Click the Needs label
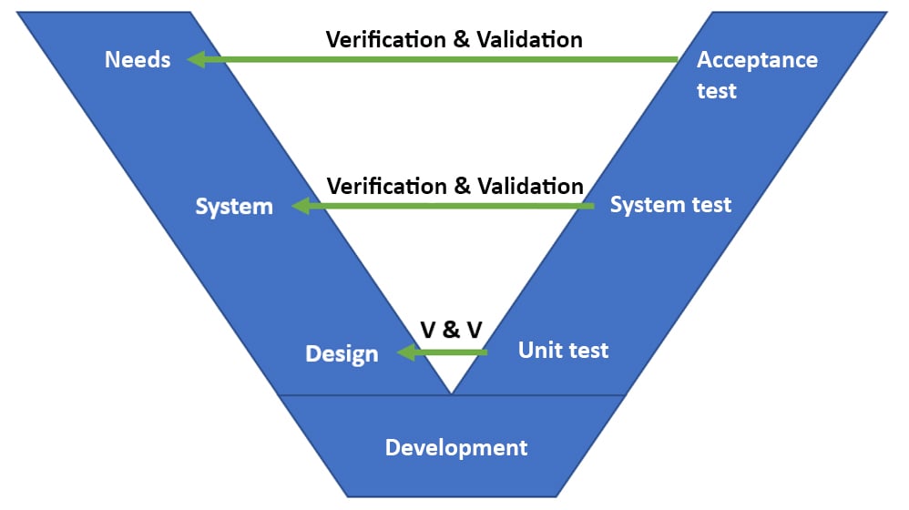coord(138,60)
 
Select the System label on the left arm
coord(234,207)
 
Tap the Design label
coord(342,353)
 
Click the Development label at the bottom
coord(455,448)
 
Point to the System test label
coord(670,205)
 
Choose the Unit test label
coord(563,350)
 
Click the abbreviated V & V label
coord(450,330)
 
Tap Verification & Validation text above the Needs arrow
coord(454,39)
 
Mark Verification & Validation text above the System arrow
coord(454,186)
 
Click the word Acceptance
coord(757,60)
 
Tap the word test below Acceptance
coord(717,91)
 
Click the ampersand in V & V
coord(450,330)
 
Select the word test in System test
coord(710,205)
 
